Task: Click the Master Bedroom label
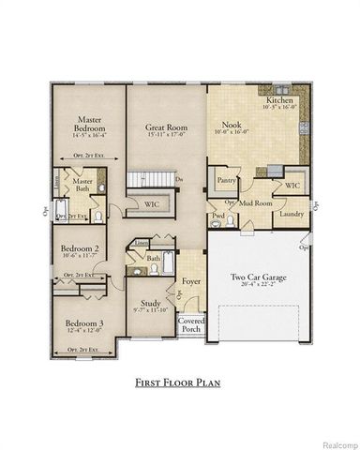point(90,124)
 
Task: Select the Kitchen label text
point(281,99)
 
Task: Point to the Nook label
point(232,124)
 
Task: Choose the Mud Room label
point(257,202)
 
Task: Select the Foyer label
point(192,279)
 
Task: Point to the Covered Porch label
point(192,324)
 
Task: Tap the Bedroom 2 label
point(81,247)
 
